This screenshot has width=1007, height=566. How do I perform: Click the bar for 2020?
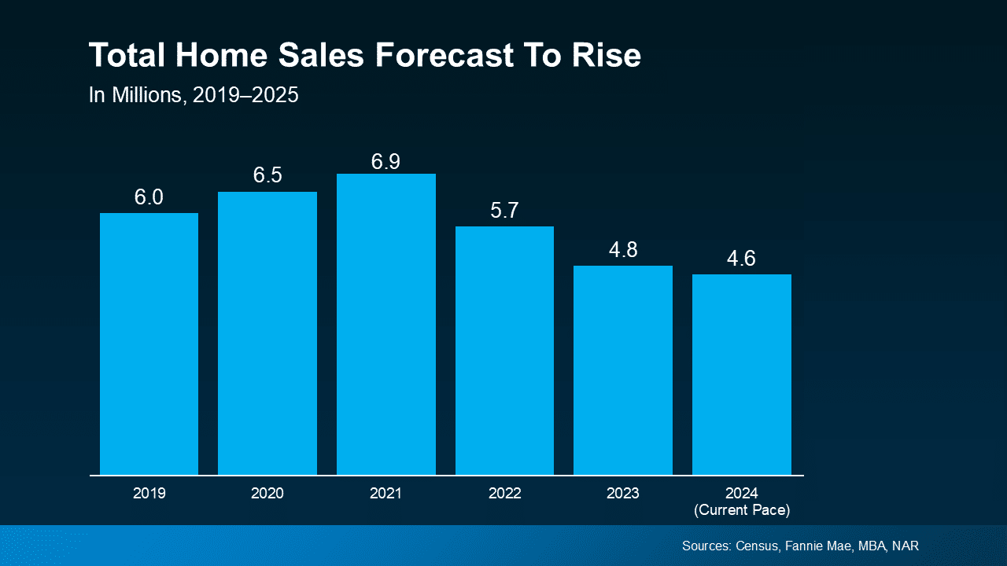[267, 333]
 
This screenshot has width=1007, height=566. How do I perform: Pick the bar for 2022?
[504, 351]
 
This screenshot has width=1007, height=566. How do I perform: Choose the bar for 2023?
[623, 370]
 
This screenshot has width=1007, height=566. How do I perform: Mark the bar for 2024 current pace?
[742, 374]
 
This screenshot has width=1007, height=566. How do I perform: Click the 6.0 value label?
[149, 197]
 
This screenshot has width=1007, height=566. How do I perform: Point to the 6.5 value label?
[267, 175]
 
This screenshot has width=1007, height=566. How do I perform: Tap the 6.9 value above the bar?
[385, 162]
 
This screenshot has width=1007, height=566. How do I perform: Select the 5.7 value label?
[504, 211]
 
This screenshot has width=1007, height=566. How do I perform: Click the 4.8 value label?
[623, 250]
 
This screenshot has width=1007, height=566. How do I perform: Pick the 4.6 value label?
[741, 259]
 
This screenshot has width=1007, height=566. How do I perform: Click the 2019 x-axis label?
[149, 494]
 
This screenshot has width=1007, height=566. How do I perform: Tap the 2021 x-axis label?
[385, 494]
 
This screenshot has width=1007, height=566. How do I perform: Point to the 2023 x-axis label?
[623, 494]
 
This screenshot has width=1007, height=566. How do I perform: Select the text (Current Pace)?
[742, 510]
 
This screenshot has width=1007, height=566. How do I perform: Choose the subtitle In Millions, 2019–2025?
[194, 96]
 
